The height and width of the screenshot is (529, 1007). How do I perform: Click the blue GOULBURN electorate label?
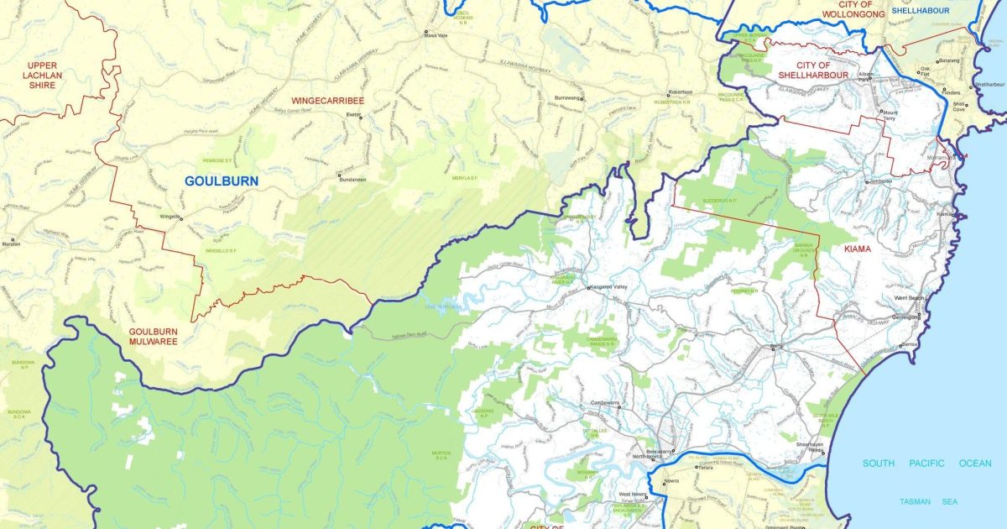[222, 181]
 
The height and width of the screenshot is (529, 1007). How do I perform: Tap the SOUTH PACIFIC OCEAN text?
[927, 464]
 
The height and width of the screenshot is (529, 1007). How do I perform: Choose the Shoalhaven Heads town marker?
[823, 454]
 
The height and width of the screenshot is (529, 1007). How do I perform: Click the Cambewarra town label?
[605, 402]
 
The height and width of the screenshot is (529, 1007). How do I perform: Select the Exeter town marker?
[362, 117]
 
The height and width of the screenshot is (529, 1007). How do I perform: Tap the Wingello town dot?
[182, 217]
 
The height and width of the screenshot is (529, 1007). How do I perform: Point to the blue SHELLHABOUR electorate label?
[919, 11]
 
